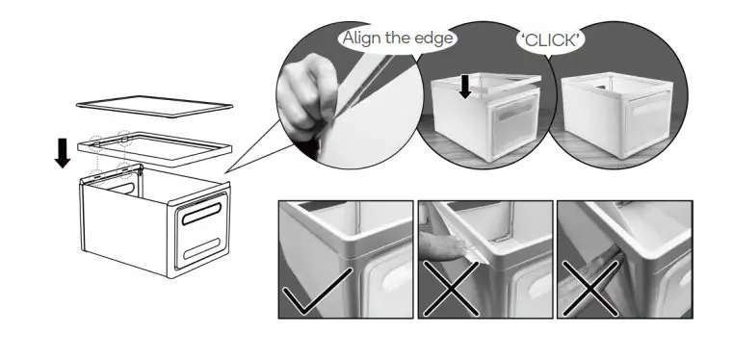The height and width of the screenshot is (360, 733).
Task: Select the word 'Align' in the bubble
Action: click(361, 39)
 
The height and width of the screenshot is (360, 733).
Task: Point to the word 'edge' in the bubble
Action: click(433, 39)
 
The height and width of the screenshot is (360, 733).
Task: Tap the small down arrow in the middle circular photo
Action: click(465, 87)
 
